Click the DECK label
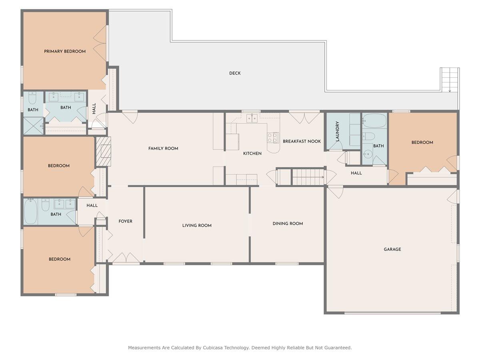pyautogui.click(x=235, y=73)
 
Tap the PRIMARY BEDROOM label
pyautogui.click(x=65, y=51)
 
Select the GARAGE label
pyautogui.click(x=392, y=249)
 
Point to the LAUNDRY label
pyautogui.click(x=337, y=131)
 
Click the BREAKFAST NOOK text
pyautogui.click(x=302, y=142)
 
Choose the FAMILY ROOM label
pyautogui.click(x=163, y=148)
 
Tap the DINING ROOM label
pyautogui.click(x=288, y=223)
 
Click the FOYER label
pyautogui.click(x=125, y=221)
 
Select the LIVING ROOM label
pyautogui.click(x=197, y=225)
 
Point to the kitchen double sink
pyautogui.click(x=252, y=118)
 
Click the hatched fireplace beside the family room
pyautogui.click(x=104, y=151)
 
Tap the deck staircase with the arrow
pyautogui.click(x=450, y=80)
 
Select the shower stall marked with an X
pyautogui.click(x=34, y=126)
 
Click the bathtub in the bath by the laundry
pyautogui.click(x=374, y=120)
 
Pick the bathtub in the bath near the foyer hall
pyautogui.click(x=30, y=212)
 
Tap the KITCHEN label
pyautogui.click(x=252, y=154)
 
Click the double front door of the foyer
pyautogui.click(x=126, y=258)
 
